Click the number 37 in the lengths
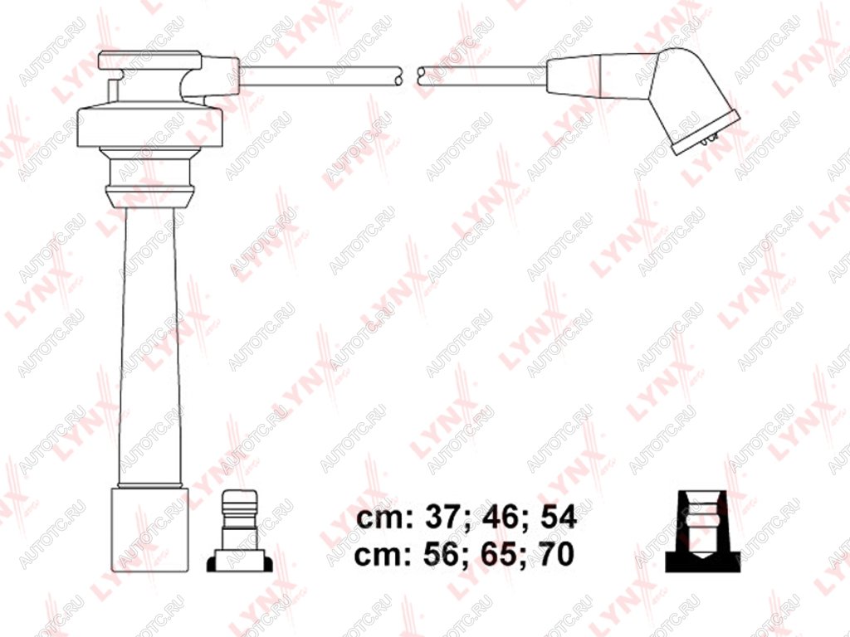click(x=441, y=518)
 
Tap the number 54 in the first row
click(x=559, y=518)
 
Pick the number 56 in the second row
click(x=441, y=554)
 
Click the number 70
click(x=557, y=554)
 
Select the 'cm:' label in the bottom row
click(x=385, y=556)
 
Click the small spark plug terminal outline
click(x=239, y=531)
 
